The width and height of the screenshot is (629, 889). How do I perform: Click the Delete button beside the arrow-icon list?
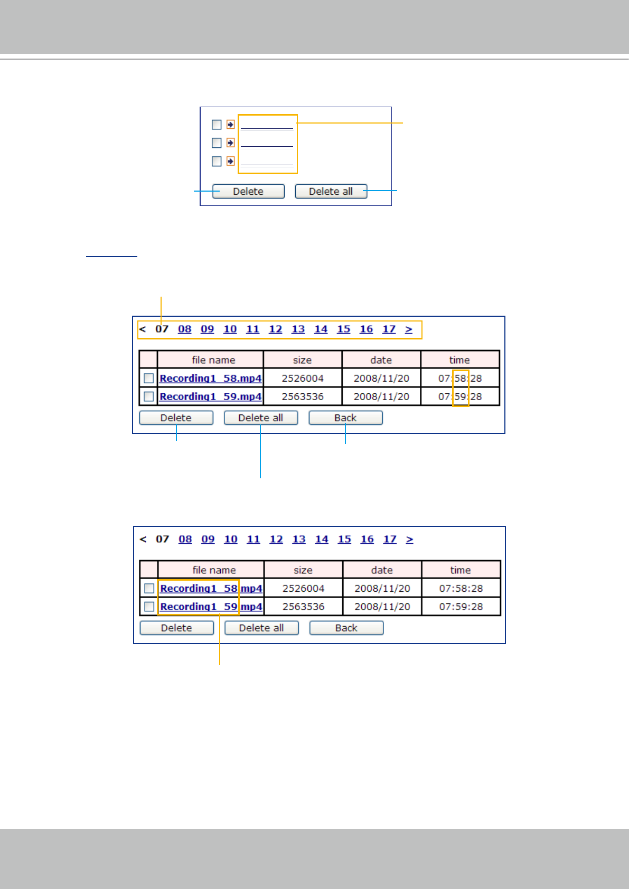[x=248, y=191]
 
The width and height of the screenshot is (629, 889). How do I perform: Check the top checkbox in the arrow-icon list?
[x=217, y=125]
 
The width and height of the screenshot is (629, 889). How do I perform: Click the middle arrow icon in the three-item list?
[x=230, y=143]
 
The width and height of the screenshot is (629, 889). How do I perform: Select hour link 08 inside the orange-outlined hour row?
[x=184, y=329]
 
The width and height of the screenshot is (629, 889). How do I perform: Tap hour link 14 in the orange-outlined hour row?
[x=321, y=329]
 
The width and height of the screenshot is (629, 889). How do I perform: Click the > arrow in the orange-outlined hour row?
[x=409, y=329]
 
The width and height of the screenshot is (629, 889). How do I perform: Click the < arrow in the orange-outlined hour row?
[x=143, y=329]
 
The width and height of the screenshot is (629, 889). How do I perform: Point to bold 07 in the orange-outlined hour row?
[x=162, y=329]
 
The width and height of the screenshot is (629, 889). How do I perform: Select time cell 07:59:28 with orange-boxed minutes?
[x=460, y=396]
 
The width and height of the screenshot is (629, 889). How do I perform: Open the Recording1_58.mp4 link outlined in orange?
[x=211, y=589]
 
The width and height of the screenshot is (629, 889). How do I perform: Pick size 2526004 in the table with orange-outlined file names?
[x=303, y=589]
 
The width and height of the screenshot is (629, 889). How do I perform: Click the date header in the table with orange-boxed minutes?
[x=381, y=360]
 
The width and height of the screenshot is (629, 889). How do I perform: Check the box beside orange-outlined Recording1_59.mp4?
[x=149, y=607]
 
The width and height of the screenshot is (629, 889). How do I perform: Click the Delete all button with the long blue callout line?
[x=261, y=418]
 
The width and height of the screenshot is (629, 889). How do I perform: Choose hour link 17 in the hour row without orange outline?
[x=390, y=540]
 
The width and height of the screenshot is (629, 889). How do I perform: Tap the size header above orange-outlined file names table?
[x=303, y=570]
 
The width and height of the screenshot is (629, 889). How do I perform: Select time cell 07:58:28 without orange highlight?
[x=461, y=589]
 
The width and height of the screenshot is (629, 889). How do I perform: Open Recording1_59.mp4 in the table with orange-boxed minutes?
[x=210, y=396]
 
